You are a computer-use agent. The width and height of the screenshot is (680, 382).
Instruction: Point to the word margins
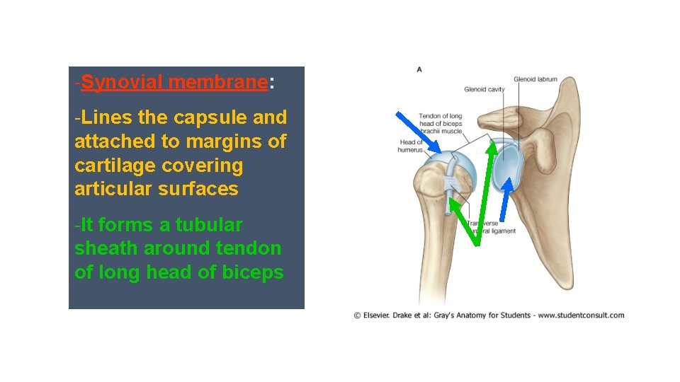click(x=227, y=141)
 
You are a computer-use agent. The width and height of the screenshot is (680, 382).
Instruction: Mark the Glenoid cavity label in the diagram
click(x=484, y=90)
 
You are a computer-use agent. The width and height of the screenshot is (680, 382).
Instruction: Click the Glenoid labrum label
click(x=535, y=79)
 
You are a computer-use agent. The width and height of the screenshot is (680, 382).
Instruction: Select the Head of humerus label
click(x=411, y=146)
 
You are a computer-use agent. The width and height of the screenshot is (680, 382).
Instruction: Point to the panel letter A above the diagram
click(x=419, y=69)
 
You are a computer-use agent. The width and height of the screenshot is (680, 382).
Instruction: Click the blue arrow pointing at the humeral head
click(x=419, y=132)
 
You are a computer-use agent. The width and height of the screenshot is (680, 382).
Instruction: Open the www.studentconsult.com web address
click(x=581, y=316)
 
